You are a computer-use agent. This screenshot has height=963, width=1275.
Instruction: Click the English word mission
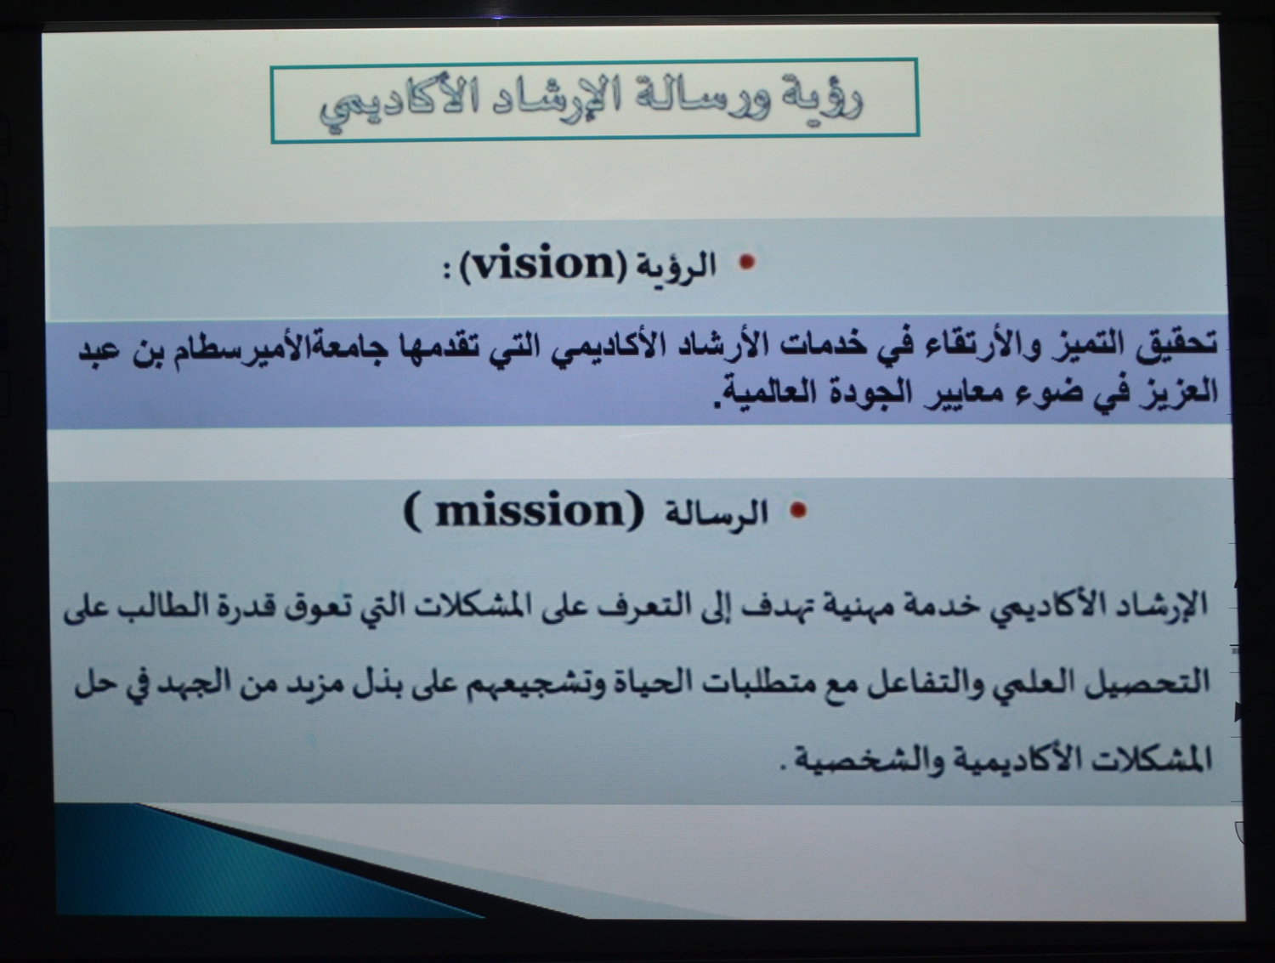(529, 512)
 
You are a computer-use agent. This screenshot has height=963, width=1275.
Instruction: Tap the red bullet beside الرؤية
(747, 263)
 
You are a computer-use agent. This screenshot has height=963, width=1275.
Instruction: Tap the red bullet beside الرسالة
(800, 511)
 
